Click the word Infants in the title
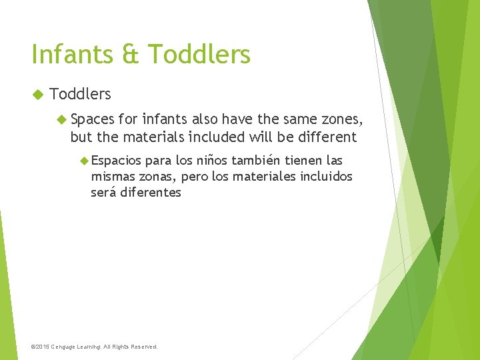[x=71, y=54]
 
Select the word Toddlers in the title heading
[x=199, y=54]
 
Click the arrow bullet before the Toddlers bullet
[x=37, y=94]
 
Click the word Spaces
[x=92, y=121]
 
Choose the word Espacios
[x=116, y=161]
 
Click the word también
[x=258, y=161]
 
